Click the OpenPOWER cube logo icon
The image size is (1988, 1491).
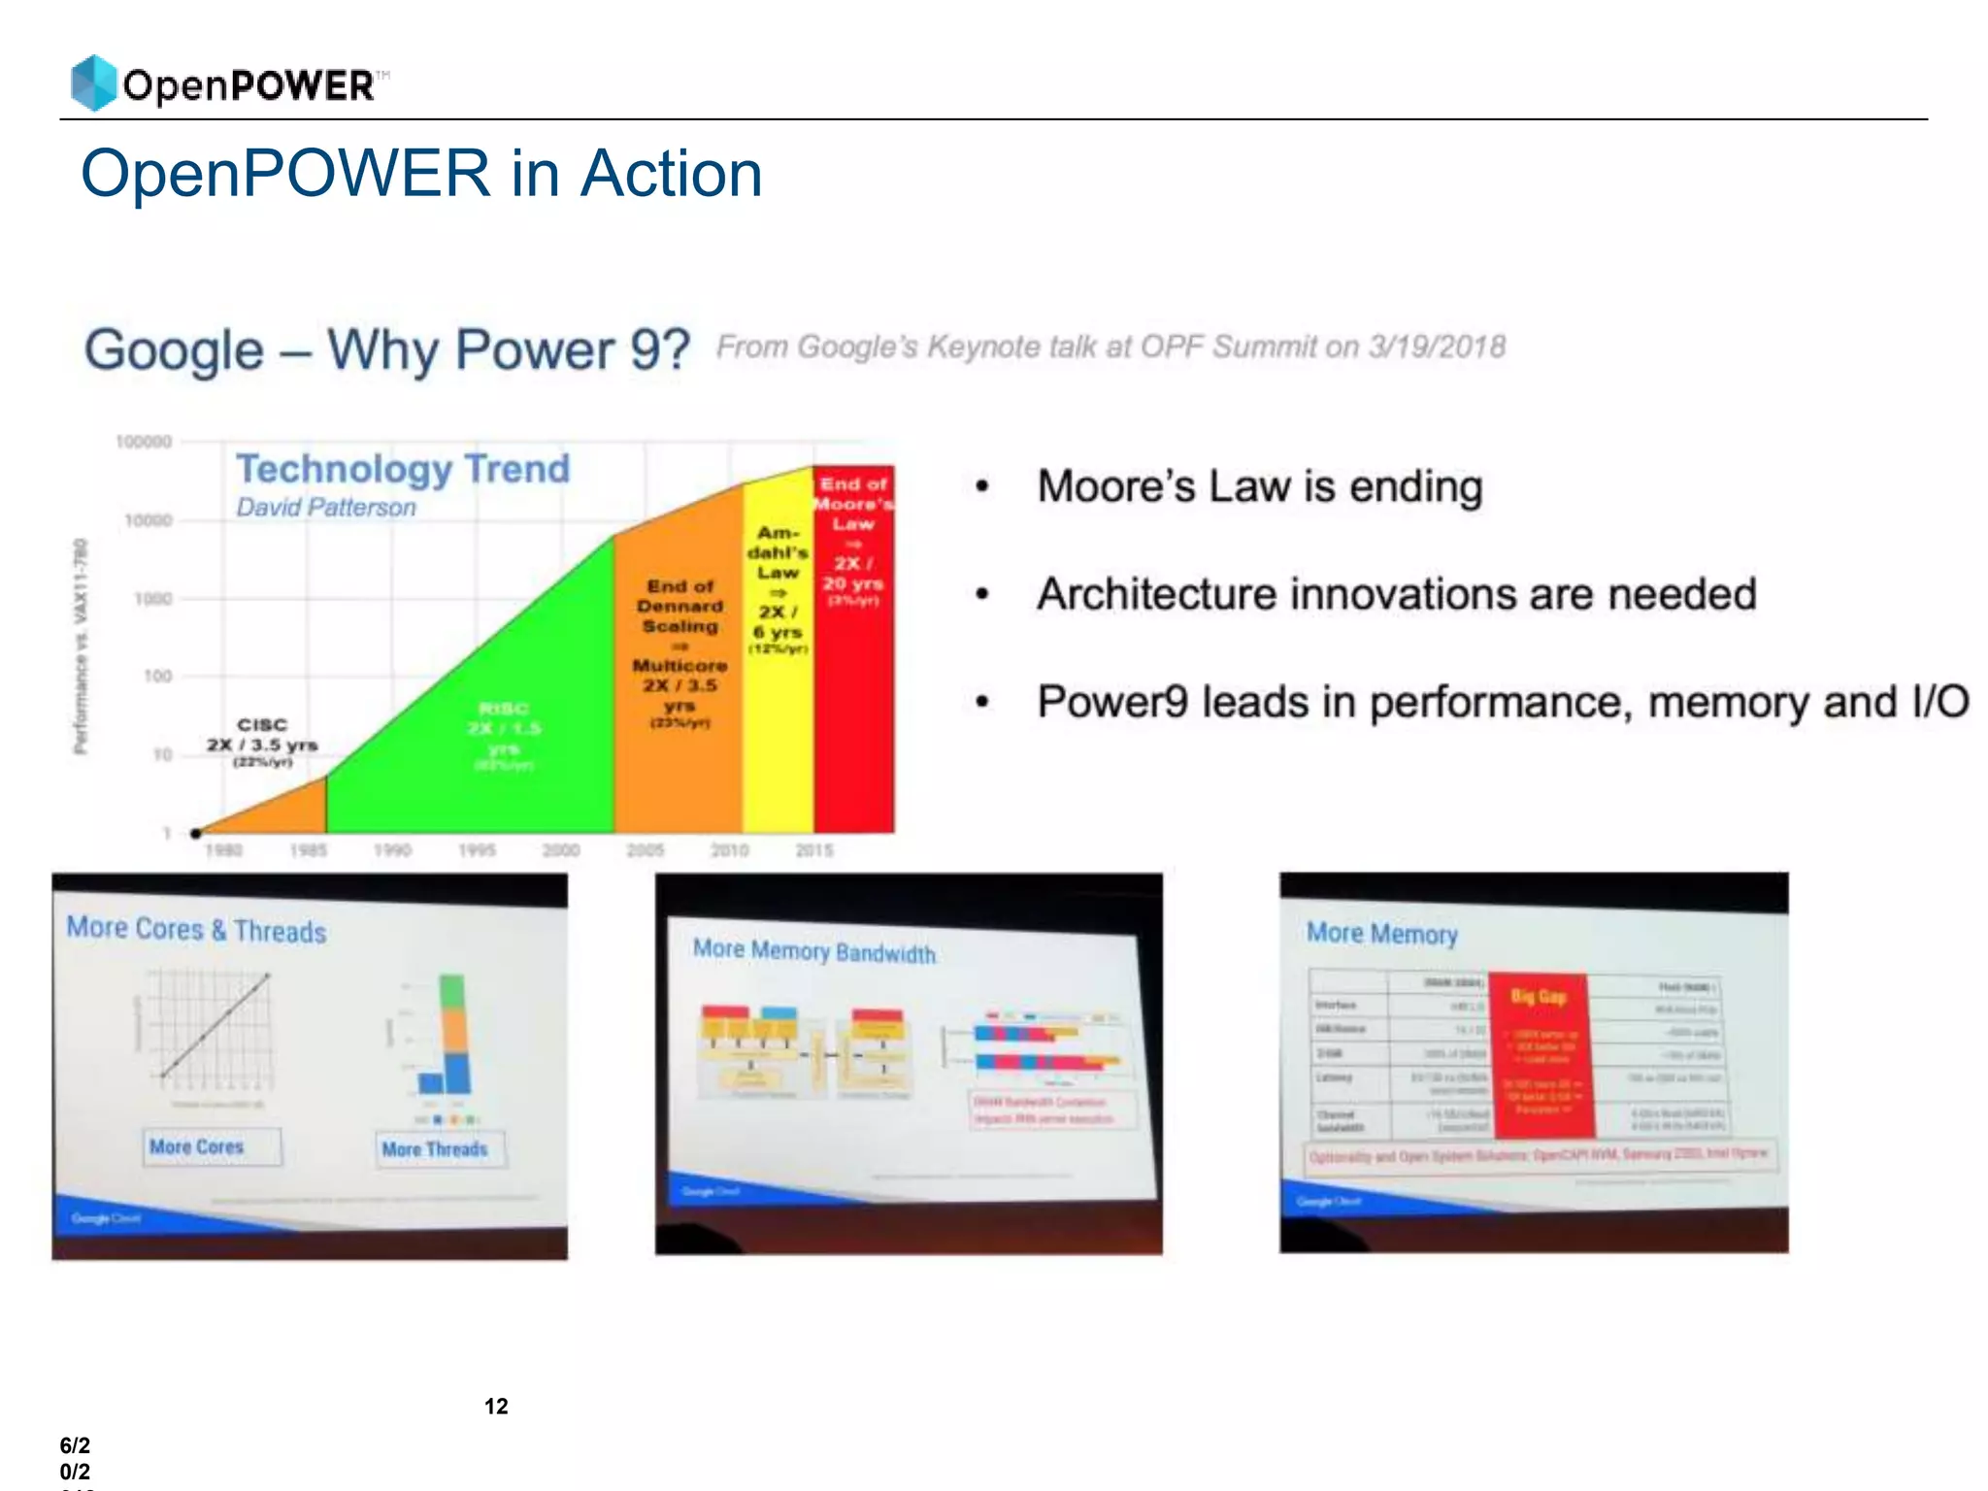[x=94, y=83]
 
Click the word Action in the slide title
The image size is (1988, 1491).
[x=671, y=175]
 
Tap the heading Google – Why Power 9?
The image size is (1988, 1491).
[x=386, y=350]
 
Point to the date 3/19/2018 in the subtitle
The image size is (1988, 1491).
[x=1437, y=347]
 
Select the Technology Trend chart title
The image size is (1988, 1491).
[x=403, y=469]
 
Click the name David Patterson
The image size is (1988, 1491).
[x=326, y=508]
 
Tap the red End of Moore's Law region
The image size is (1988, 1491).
[x=854, y=679]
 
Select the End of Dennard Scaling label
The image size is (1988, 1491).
[x=680, y=607]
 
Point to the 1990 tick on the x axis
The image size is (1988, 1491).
[x=392, y=850]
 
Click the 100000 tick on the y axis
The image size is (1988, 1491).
[x=144, y=442]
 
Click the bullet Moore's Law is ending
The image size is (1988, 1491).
[x=1259, y=487]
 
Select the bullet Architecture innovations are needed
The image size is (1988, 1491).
[x=1396, y=594]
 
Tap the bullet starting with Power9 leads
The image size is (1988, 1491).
[x=1502, y=702]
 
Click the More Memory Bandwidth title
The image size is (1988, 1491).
[x=813, y=951]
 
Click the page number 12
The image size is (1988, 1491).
[x=496, y=1407]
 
